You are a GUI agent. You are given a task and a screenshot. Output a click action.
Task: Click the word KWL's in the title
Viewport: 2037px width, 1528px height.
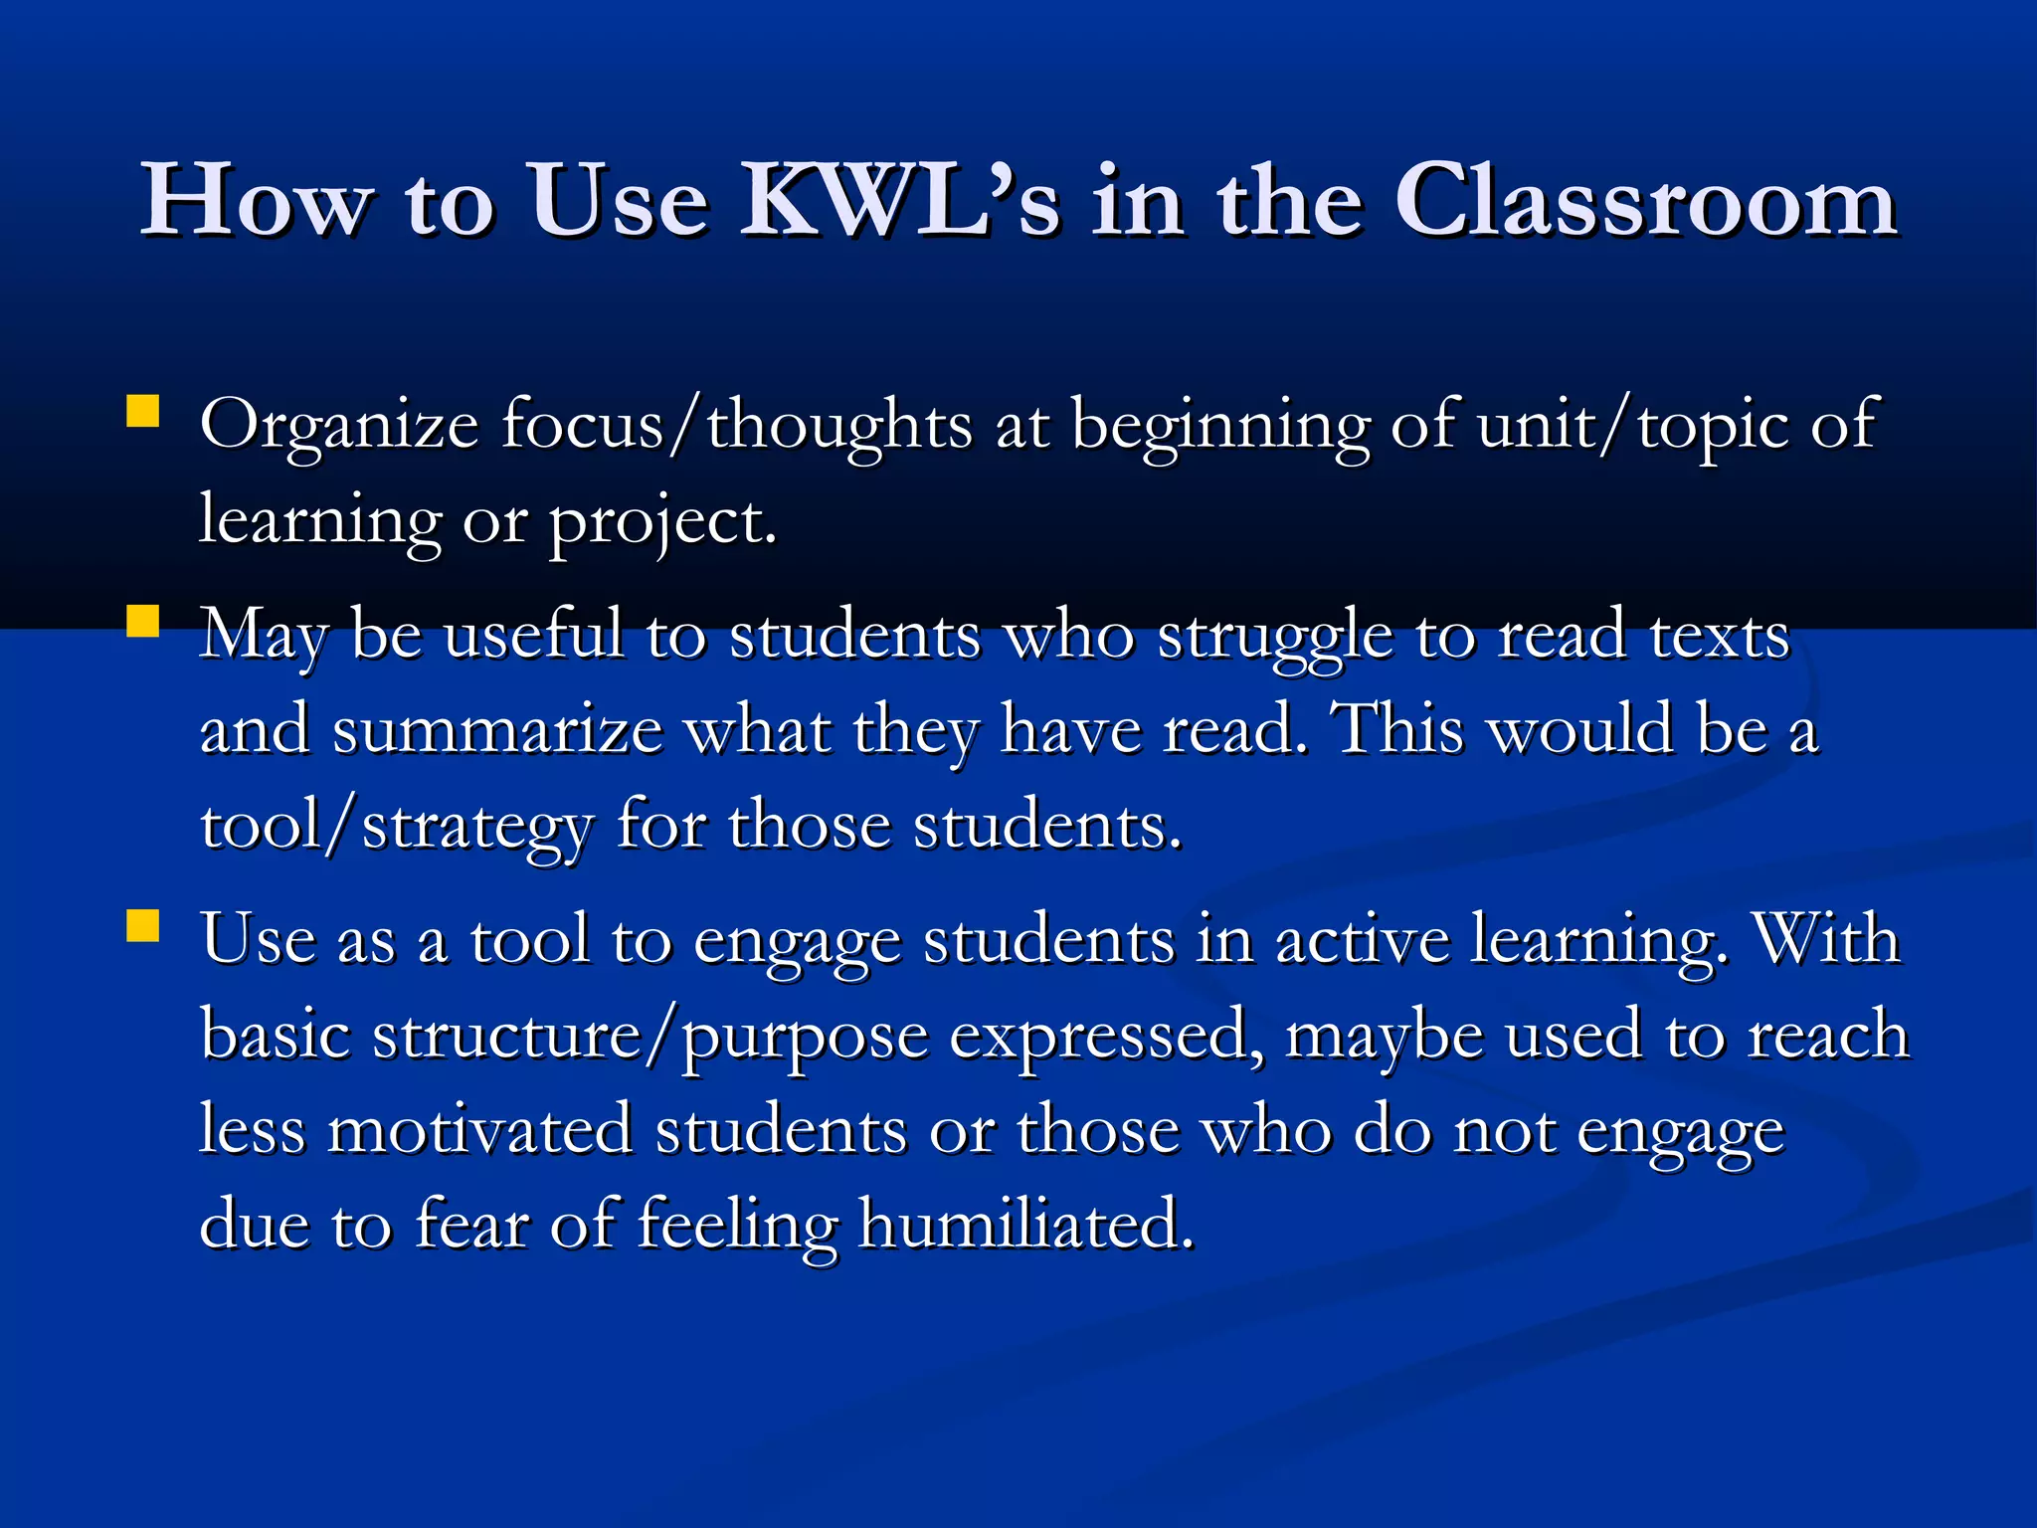(x=899, y=201)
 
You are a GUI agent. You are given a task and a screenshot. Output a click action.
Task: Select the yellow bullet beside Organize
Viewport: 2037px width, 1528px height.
(x=143, y=412)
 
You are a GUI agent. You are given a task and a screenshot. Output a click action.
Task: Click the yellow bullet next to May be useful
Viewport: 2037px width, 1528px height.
(x=143, y=622)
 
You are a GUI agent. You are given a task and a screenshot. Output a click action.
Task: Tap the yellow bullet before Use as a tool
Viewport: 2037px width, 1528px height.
(x=143, y=926)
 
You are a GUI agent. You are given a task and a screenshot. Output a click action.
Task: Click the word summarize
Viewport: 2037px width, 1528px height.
(x=497, y=731)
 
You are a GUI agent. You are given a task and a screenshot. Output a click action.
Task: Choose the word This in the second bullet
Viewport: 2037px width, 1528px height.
(x=1400, y=729)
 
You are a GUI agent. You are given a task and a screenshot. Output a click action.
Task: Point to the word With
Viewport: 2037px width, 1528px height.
(x=1826, y=940)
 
